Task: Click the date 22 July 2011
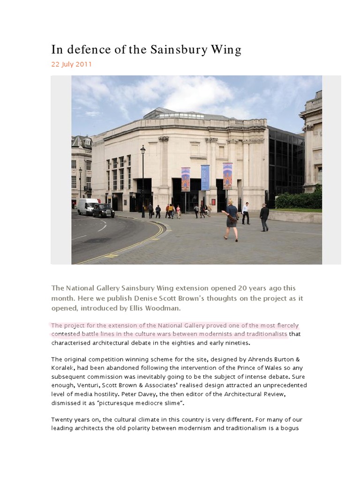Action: (x=71, y=64)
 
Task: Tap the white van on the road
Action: (x=88, y=206)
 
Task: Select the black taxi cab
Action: (x=103, y=210)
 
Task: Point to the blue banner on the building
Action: (x=205, y=177)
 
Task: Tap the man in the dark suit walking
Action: (x=264, y=217)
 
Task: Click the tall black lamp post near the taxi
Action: (x=143, y=181)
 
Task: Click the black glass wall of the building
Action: (x=285, y=164)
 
